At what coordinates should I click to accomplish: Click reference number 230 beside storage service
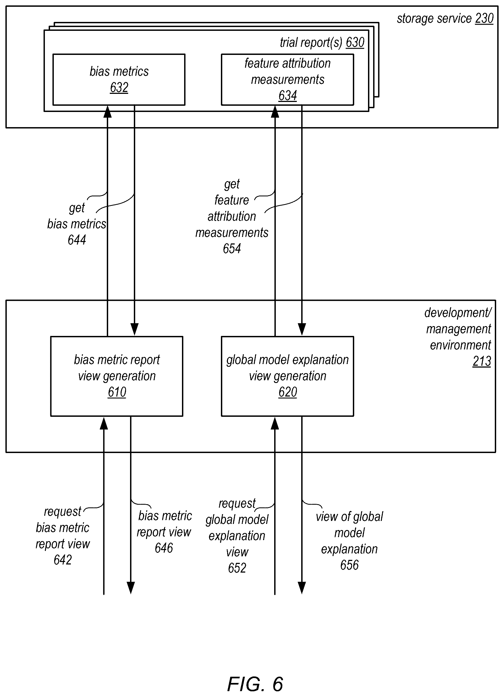click(484, 18)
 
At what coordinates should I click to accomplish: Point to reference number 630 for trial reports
click(355, 42)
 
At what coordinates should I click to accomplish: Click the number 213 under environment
click(482, 361)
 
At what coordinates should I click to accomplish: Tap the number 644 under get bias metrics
click(77, 240)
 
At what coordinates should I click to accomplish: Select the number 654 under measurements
click(232, 248)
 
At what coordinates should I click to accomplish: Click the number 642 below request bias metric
click(63, 560)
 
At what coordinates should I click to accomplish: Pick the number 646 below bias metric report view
click(164, 548)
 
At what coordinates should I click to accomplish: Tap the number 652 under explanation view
click(237, 568)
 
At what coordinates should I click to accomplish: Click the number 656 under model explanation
click(349, 565)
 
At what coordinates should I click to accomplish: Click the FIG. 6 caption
click(255, 684)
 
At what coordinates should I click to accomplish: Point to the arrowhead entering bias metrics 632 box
click(108, 111)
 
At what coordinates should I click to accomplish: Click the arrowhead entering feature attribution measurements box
click(275, 111)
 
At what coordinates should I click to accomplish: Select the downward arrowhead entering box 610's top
click(135, 329)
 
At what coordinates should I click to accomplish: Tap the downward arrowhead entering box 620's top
click(302, 329)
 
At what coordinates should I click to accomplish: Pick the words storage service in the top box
click(434, 19)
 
